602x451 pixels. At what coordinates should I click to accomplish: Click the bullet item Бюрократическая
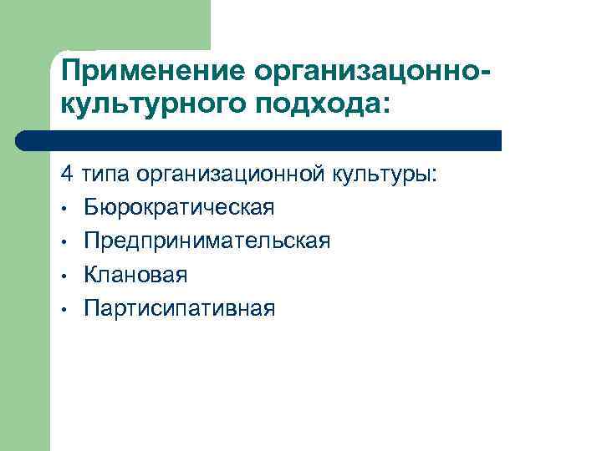pyautogui.click(x=179, y=208)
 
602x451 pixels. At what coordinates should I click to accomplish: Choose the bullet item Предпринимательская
pyautogui.click(x=207, y=241)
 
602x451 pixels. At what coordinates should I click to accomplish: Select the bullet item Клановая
pyautogui.click(x=135, y=275)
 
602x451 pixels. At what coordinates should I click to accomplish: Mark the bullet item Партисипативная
pyautogui.click(x=179, y=308)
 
